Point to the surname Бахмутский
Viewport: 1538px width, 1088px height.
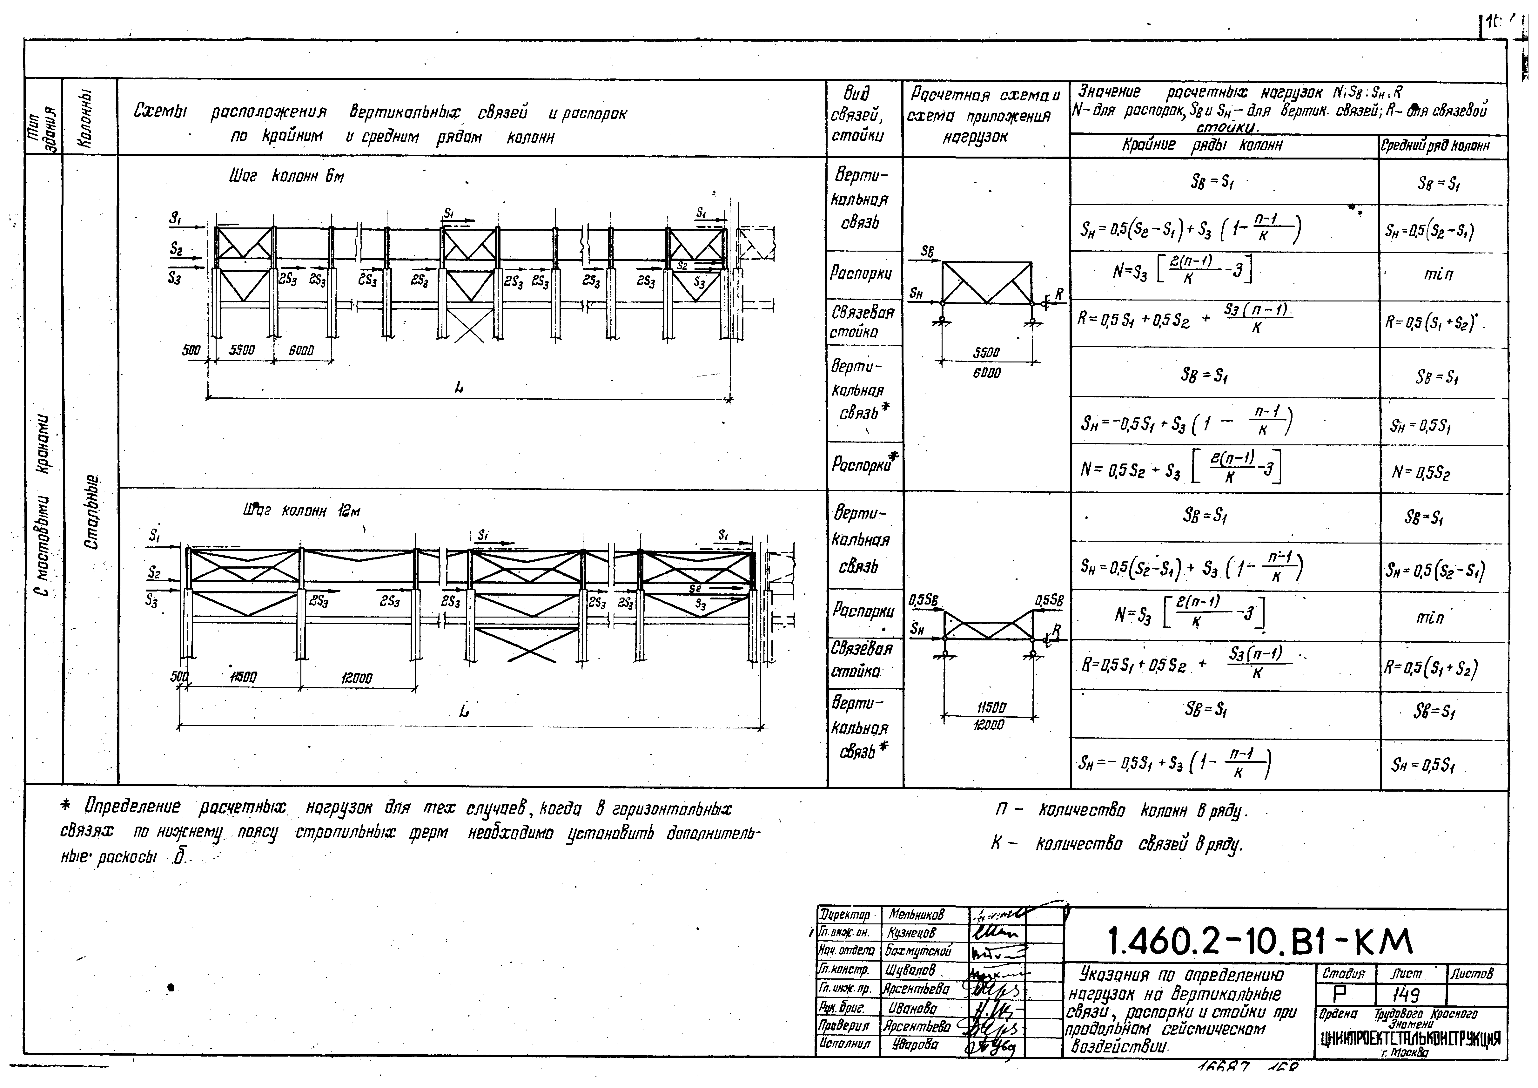(x=918, y=951)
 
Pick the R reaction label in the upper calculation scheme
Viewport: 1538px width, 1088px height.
(x=1058, y=294)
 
